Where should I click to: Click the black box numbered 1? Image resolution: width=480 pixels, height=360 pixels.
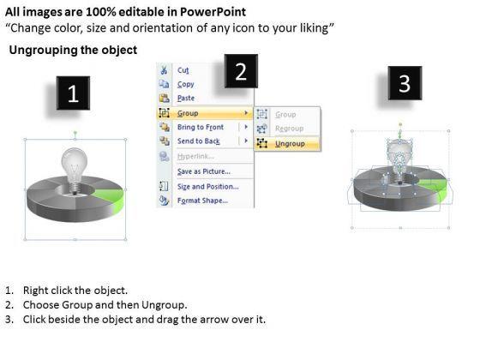[x=73, y=93]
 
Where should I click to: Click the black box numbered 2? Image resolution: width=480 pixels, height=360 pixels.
[x=241, y=71]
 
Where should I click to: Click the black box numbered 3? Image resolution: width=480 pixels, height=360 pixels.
[x=405, y=83]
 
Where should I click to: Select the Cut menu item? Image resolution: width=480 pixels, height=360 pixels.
[x=183, y=70]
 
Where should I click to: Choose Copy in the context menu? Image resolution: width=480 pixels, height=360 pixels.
[x=185, y=84]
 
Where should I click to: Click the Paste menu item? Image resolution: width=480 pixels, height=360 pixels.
[x=186, y=98]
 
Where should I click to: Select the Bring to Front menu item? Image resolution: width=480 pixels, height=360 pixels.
[x=201, y=127]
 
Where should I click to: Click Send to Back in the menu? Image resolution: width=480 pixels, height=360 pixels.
[x=199, y=141]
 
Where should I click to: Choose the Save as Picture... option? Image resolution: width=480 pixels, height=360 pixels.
[x=204, y=171]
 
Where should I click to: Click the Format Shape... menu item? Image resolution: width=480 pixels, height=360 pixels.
[x=202, y=201]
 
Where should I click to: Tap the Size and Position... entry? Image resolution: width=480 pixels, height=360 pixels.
[x=207, y=187]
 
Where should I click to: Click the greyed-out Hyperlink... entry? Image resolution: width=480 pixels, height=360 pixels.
[x=195, y=156]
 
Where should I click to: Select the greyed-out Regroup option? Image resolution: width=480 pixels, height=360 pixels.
[x=289, y=129]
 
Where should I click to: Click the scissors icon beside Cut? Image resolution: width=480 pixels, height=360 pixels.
[x=164, y=70]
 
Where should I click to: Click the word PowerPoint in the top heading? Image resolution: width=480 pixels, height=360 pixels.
[x=213, y=12]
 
